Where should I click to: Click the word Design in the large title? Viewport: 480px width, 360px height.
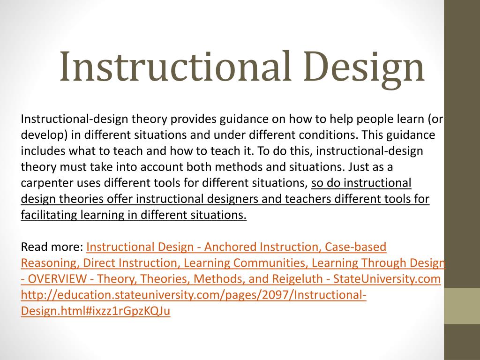[x=364, y=69]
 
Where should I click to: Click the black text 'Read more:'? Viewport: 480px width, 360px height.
[x=52, y=247]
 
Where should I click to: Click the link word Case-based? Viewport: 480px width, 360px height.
[x=355, y=247]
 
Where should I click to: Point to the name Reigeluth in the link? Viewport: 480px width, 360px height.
[x=297, y=279]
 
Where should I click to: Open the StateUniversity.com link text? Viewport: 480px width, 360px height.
[x=387, y=279]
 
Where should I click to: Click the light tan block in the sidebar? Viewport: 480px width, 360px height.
[x=462, y=306]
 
